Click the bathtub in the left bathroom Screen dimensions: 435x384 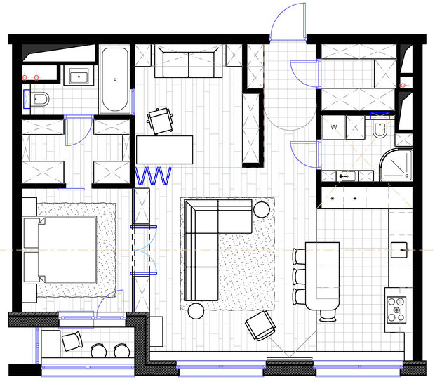click(x=115, y=79)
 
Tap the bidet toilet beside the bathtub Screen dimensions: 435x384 click(x=39, y=99)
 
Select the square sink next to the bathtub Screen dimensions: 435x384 click(x=79, y=76)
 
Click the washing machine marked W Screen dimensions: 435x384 click(x=334, y=128)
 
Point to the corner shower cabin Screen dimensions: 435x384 click(x=396, y=165)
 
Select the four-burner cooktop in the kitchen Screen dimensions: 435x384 click(x=396, y=310)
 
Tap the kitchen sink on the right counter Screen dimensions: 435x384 click(x=399, y=250)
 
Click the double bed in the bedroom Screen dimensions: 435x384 click(x=60, y=250)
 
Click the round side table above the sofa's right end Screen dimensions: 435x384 click(x=261, y=209)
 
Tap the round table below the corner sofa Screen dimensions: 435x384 click(x=196, y=311)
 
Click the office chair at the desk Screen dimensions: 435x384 click(x=161, y=121)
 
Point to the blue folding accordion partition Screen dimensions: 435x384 click(x=153, y=176)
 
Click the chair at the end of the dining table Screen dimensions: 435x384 click(x=328, y=315)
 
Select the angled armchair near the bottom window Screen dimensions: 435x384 click(x=260, y=326)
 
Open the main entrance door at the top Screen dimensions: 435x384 click(x=288, y=22)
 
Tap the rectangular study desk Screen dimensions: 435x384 click(x=164, y=150)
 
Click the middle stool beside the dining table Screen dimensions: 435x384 click(x=300, y=277)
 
